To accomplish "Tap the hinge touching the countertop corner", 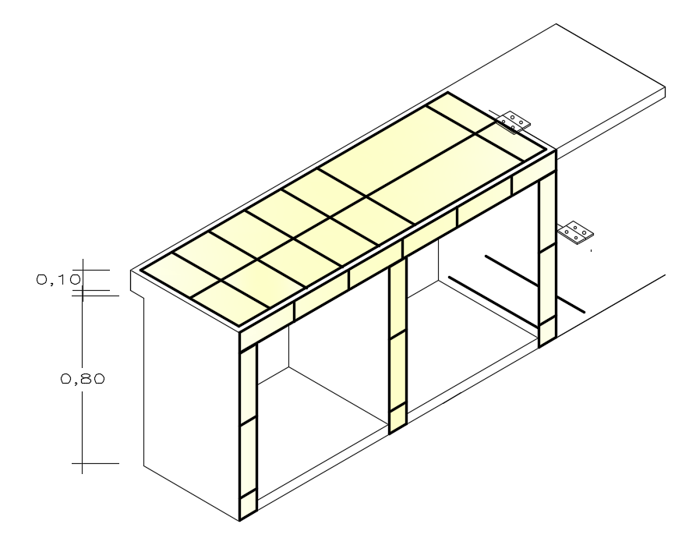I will (x=515, y=120).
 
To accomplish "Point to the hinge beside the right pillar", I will (x=576, y=232).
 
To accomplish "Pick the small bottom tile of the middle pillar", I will (x=397, y=418).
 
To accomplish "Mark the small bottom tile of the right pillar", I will (x=546, y=330).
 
